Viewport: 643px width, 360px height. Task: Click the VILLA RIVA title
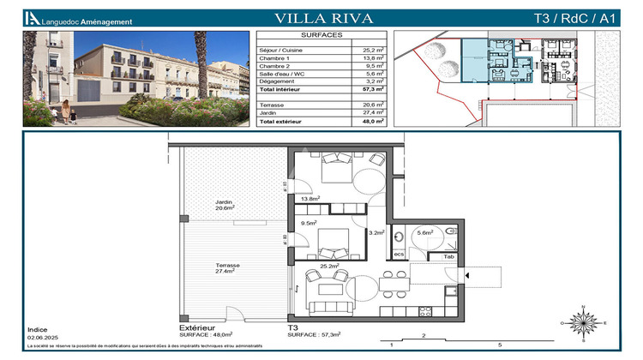coord(321,17)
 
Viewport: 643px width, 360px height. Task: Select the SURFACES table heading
coord(322,35)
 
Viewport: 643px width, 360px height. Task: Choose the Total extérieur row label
coord(281,122)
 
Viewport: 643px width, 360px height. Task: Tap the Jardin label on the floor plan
coord(225,202)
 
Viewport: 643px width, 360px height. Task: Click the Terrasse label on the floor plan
coord(227,266)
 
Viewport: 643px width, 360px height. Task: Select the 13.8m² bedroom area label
coord(309,199)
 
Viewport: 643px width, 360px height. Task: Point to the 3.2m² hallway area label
coord(375,232)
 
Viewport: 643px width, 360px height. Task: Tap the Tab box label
coord(448,256)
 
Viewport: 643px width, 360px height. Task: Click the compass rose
coord(583,324)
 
